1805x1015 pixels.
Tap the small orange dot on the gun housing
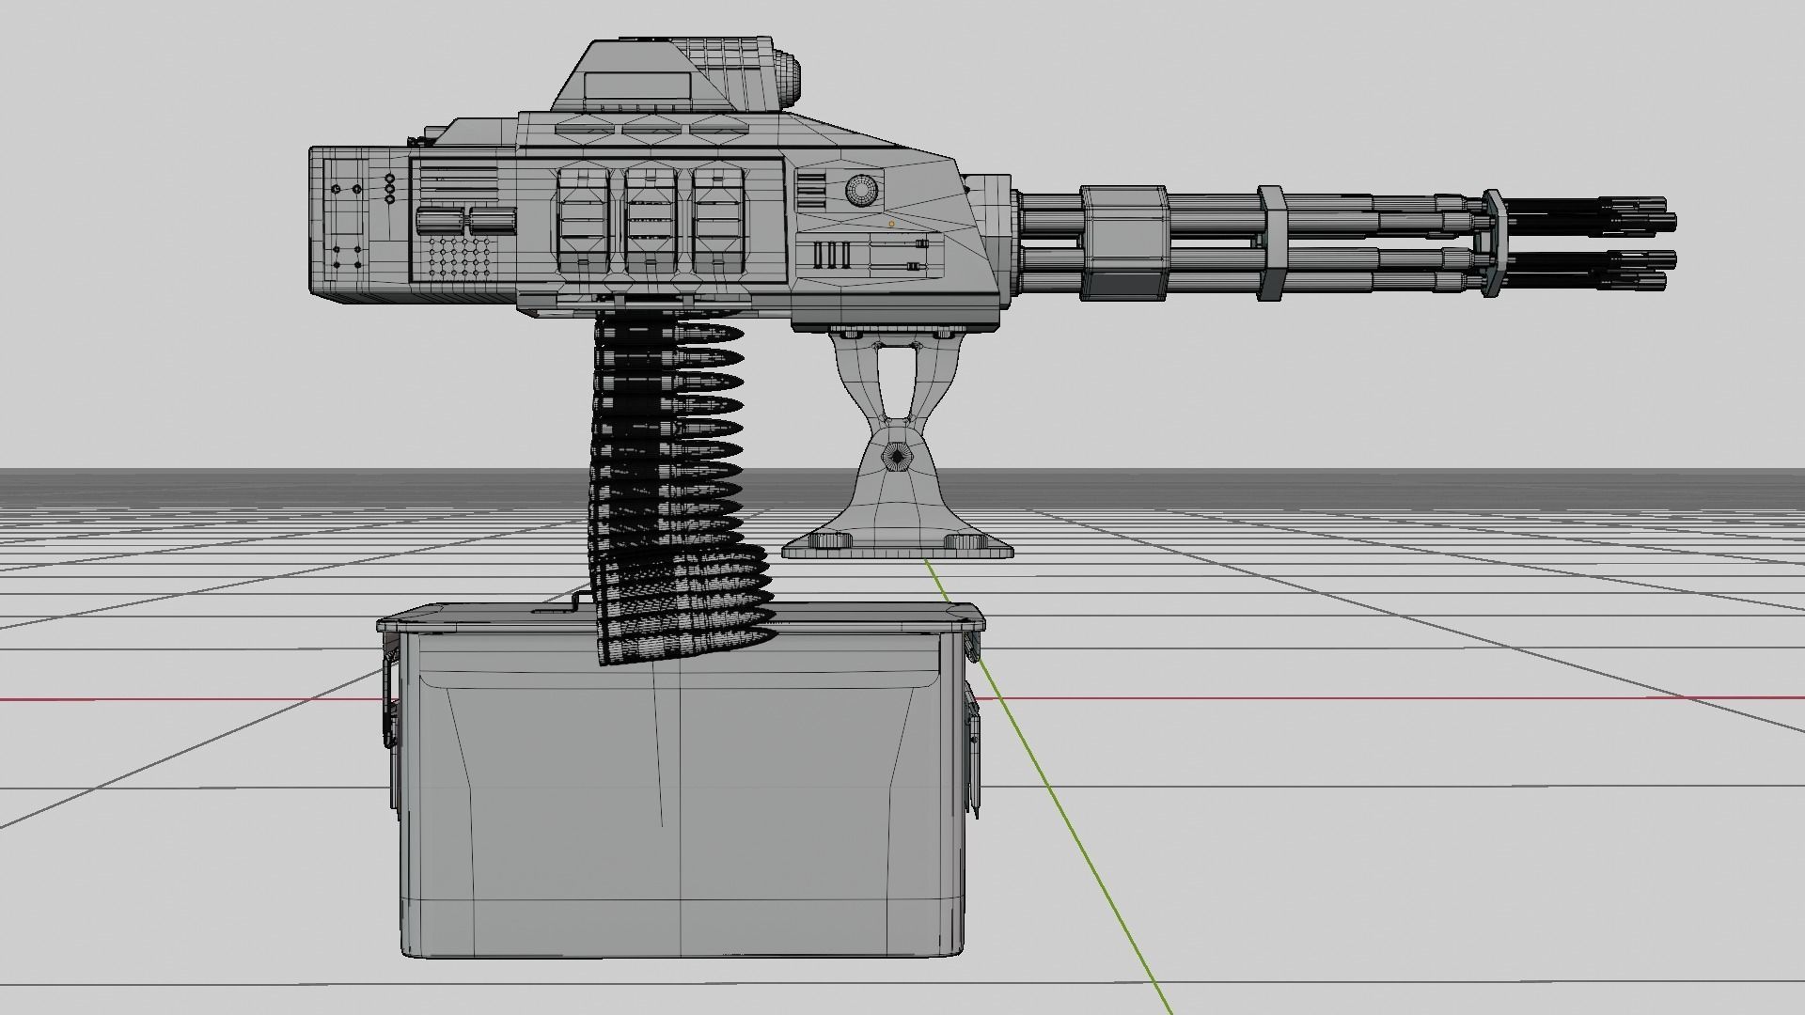click(x=891, y=225)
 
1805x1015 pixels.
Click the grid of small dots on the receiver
click(x=460, y=257)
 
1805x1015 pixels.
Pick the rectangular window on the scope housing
click(x=637, y=87)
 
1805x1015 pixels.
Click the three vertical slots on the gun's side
click(x=831, y=255)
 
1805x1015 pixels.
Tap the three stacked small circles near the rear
click(x=389, y=188)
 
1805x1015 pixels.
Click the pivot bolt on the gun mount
click(x=897, y=459)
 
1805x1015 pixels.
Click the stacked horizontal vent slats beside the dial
click(x=809, y=191)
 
